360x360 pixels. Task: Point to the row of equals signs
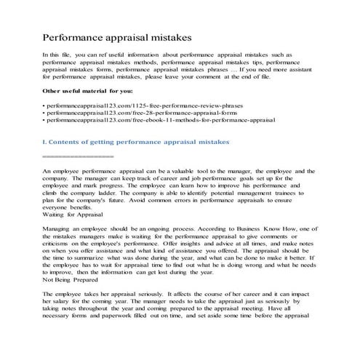point(78,156)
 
